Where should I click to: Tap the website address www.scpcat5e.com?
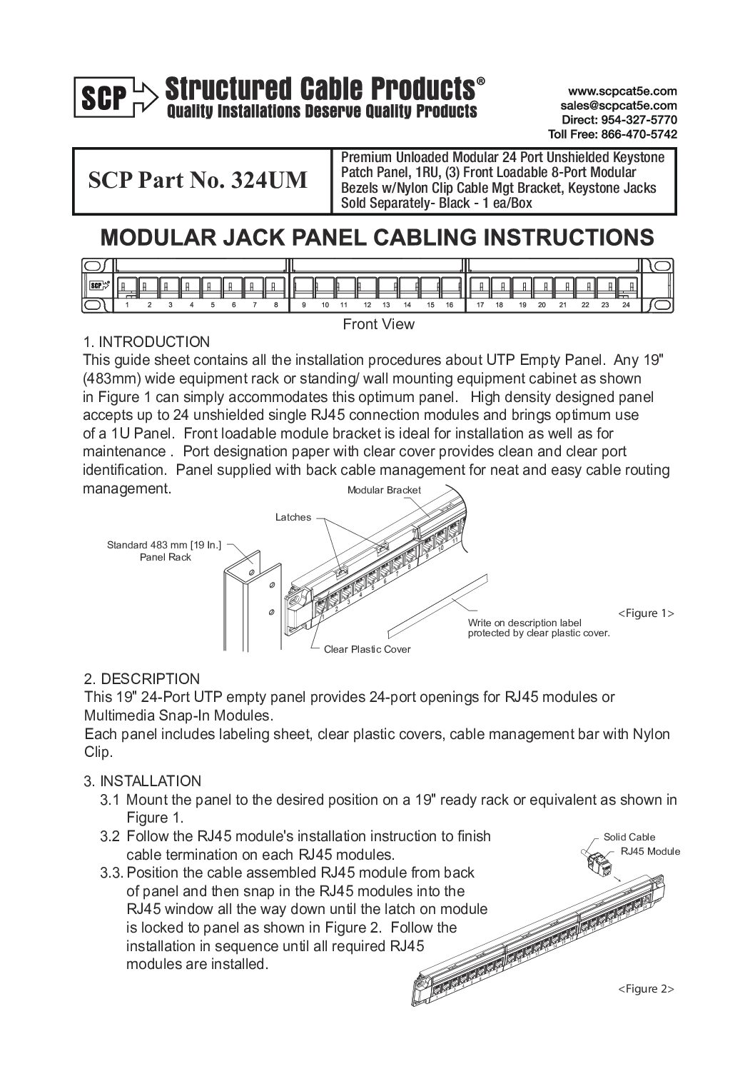tap(622, 92)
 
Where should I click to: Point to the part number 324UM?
tap(268, 181)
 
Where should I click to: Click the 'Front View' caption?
tap(378, 324)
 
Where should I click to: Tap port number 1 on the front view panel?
tap(127, 306)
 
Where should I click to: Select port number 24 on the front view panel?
tap(626, 306)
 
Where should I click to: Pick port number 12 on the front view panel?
tap(367, 306)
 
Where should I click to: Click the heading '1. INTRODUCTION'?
tap(146, 342)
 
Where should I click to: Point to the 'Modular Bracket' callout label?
tap(384, 491)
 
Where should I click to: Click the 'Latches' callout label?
tap(293, 517)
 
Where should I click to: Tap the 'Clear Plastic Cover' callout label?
tap(367, 650)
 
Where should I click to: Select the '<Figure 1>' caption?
tap(645, 613)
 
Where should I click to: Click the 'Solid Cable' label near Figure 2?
tap(629, 838)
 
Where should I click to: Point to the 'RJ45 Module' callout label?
tap(650, 851)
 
